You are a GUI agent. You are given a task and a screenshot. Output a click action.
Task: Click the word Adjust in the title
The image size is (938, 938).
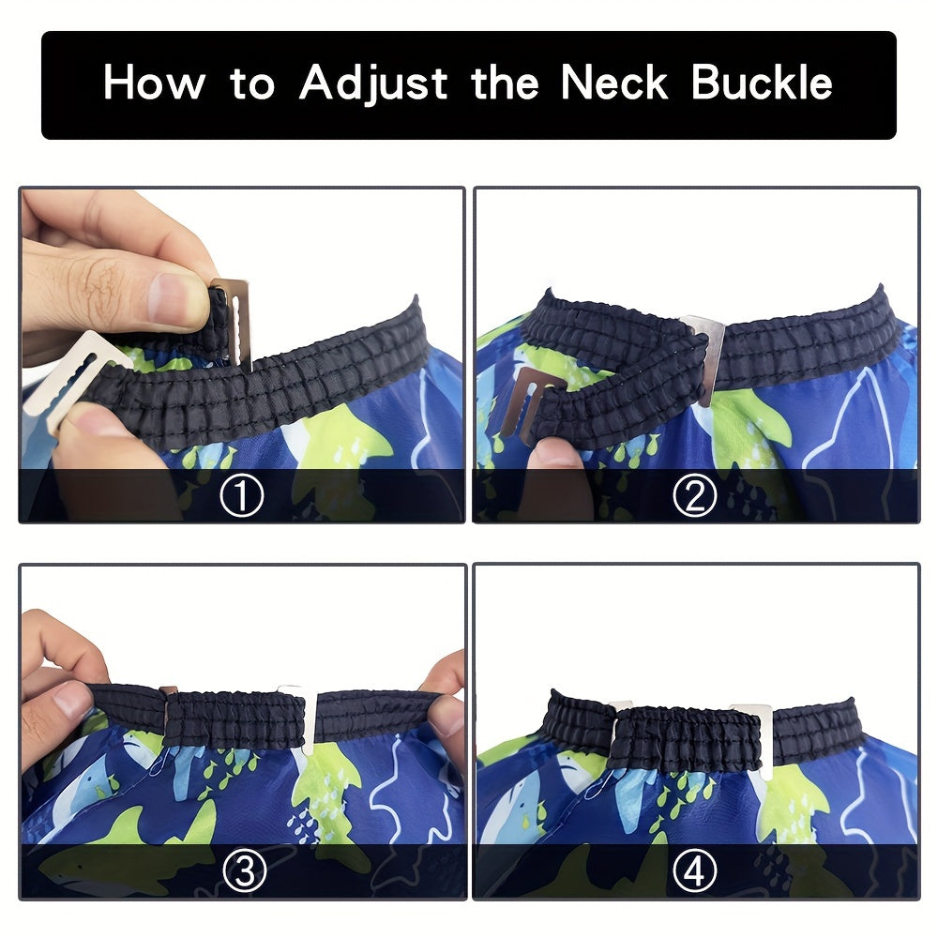point(373,83)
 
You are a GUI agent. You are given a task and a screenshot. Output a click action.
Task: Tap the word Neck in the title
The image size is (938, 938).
point(613,82)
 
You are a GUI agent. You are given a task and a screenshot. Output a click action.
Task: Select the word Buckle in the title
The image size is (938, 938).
point(762,82)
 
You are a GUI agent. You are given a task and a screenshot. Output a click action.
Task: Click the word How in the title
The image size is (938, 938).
point(155,82)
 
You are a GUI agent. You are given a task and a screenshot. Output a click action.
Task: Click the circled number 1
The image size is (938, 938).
point(242,495)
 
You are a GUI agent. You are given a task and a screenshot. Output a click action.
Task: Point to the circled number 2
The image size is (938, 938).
point(694,495)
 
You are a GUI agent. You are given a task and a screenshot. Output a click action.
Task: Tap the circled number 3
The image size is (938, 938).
point(244,871)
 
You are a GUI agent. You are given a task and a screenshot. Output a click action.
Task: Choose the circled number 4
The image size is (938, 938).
point(694,871)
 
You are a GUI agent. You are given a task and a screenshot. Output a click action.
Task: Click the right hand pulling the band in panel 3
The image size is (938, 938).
point(443,706)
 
